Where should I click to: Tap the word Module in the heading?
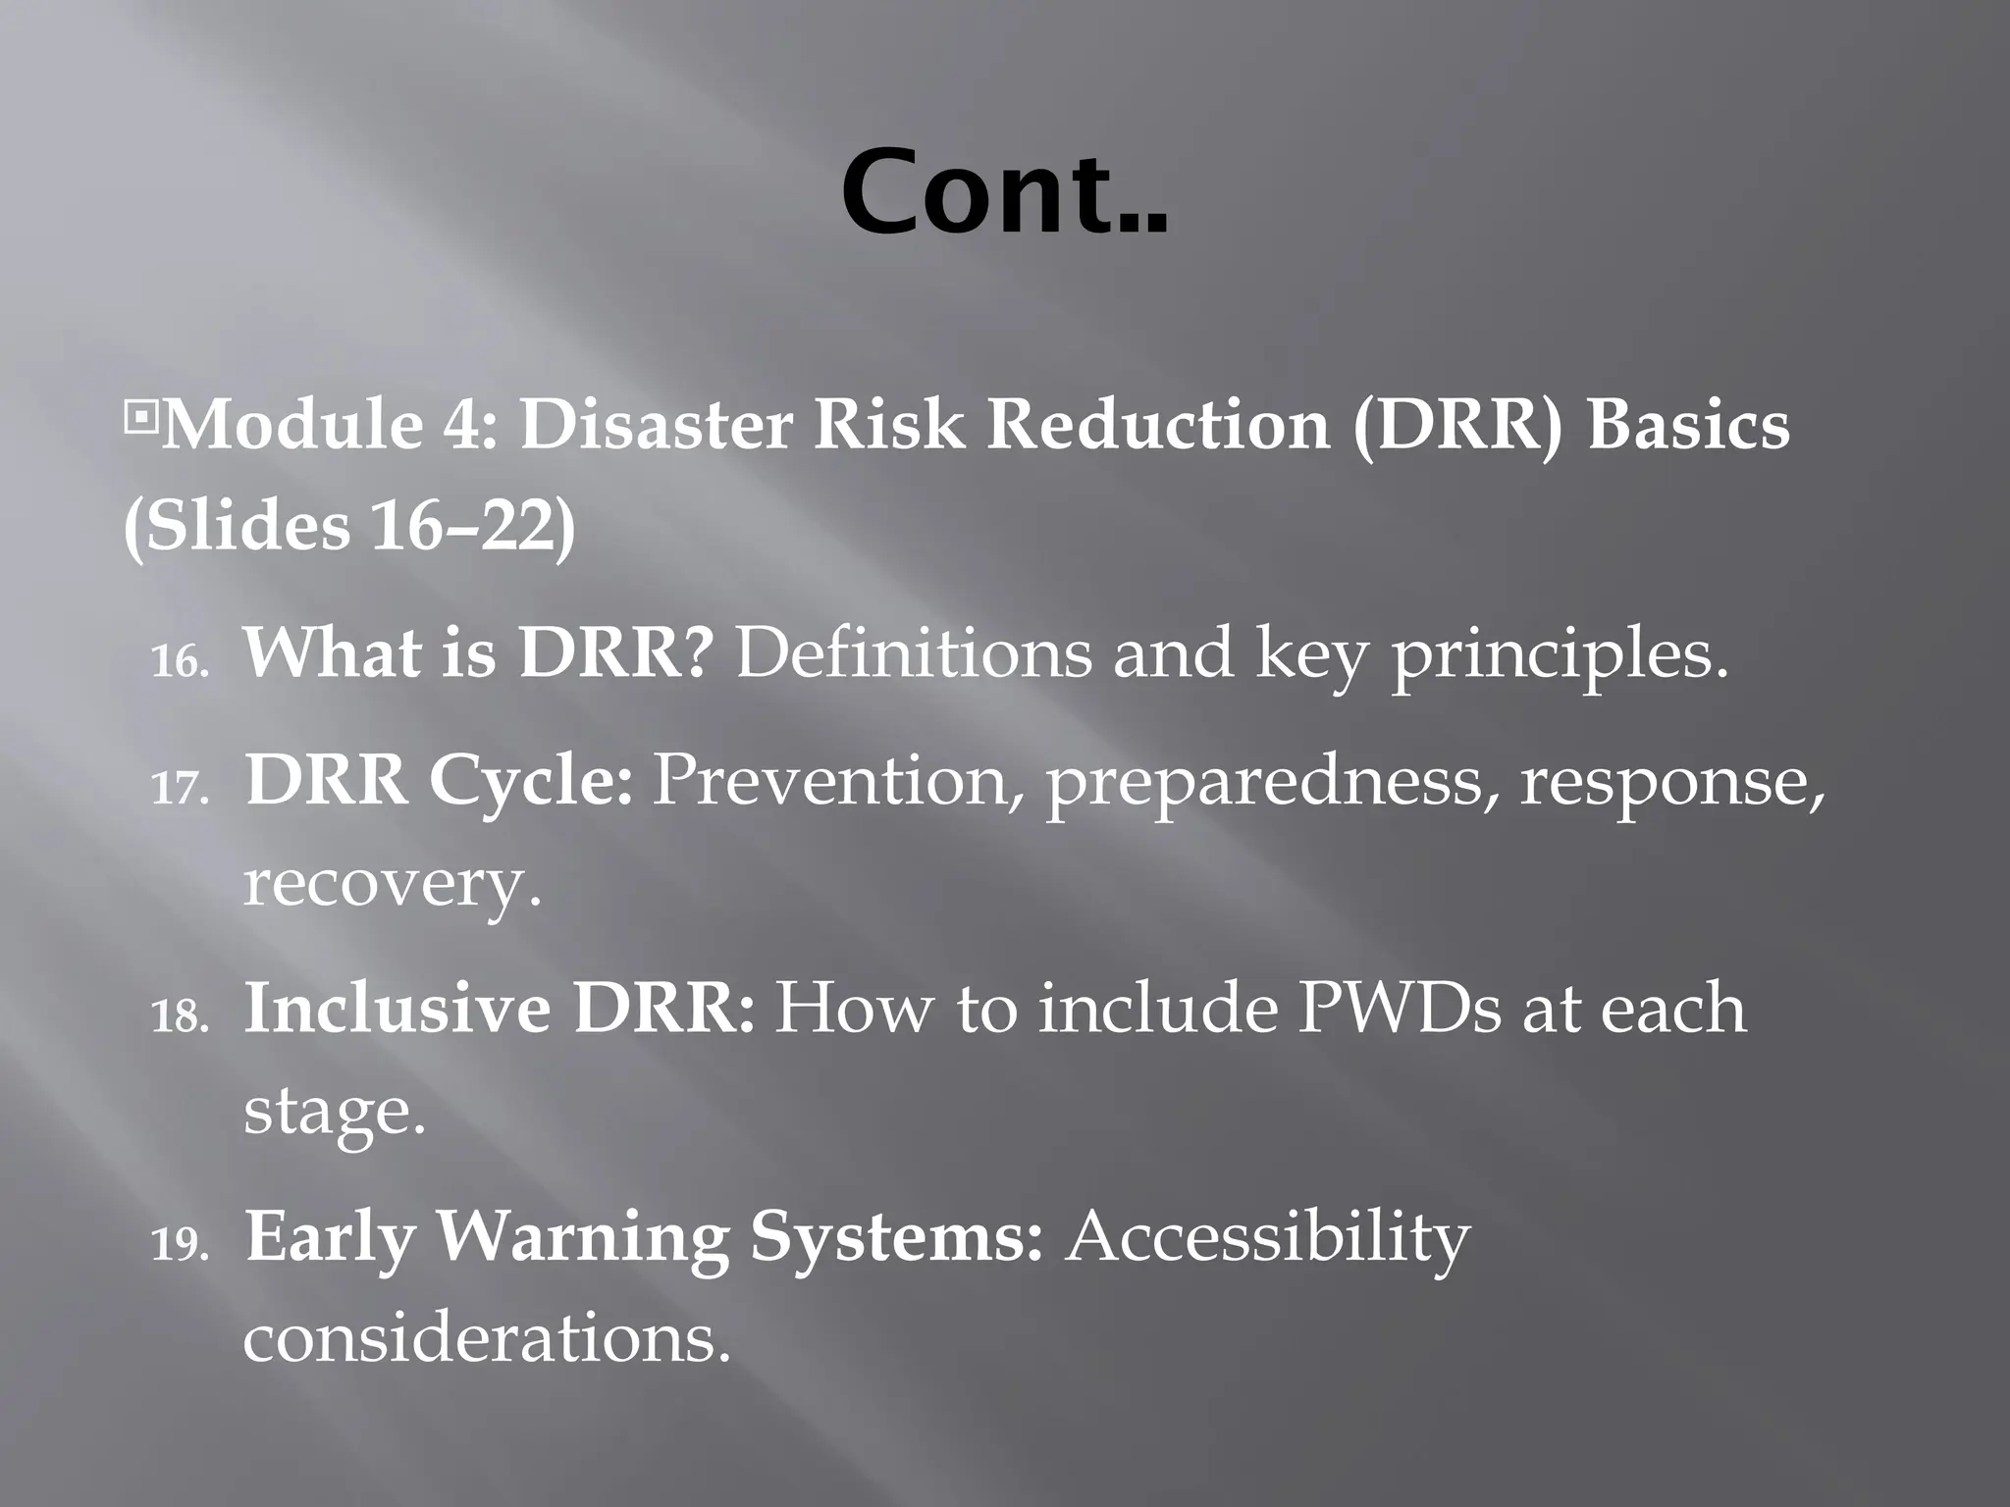(x=291, y=427)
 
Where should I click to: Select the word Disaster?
(x=655, y=427)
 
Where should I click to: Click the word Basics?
(x=1688, y=427)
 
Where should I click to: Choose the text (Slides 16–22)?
(x=350, y=527)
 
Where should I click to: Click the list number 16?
(x=180, y=662)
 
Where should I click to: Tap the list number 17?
(x=180, y=788)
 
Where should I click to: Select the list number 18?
(x=180, y=1016)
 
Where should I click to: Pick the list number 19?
(x=180, y=1244)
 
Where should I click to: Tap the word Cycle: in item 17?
(x=531, y=782)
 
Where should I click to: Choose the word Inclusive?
(x=397, y=1009)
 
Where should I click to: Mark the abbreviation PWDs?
(x=1399, y=1009)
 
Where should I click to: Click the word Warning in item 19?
(x=582, y=1238)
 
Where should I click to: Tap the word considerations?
(x=487, y=1338)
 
